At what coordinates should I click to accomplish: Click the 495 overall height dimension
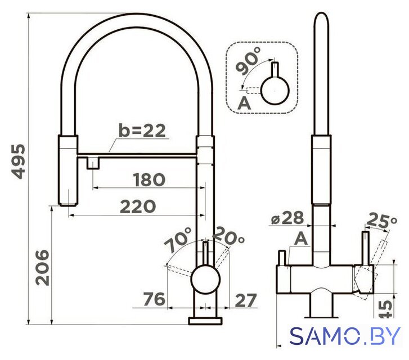coord(19,161)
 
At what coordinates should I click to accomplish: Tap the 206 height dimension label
coord(42,268)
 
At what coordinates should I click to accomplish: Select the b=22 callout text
coord(142,130)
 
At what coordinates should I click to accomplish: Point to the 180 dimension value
coord(149,179)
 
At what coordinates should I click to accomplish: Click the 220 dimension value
coord(138,206)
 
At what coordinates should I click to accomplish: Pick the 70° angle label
coord(178,240)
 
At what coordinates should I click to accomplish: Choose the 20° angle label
coord(228,235)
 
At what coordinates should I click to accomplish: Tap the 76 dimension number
coord(154,299)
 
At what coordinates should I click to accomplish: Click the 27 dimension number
coord(246,300)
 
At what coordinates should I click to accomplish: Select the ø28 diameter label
coord(287,218)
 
